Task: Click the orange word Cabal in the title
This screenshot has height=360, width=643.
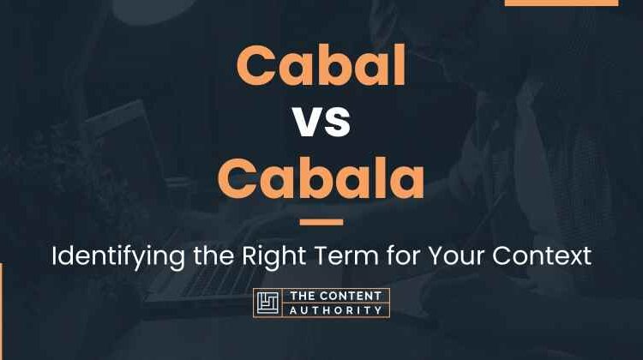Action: pos(321,65)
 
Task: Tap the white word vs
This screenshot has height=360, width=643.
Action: pos(322,122)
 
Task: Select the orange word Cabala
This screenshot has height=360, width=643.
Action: pos(321,177)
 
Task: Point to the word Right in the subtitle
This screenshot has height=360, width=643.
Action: pos(274,256)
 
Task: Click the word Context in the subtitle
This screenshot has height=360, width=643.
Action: pos(542,255)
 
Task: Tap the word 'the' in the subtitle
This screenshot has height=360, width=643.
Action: pos(213,255)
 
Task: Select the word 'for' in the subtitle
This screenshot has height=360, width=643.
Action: pos(404,255)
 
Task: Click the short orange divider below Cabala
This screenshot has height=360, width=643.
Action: pos(321,222)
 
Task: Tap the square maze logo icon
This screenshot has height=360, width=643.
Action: pos(267,303)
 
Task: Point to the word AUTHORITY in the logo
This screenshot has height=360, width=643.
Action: pos(336,310)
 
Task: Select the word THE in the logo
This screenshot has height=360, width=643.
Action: pos(303,296)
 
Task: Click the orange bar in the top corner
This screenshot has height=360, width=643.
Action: pos(562,3)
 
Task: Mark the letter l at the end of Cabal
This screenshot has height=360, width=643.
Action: pos(401,65)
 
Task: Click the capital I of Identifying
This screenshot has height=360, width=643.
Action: pos(54,255)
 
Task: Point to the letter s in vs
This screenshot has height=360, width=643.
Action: pos(338,123)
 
